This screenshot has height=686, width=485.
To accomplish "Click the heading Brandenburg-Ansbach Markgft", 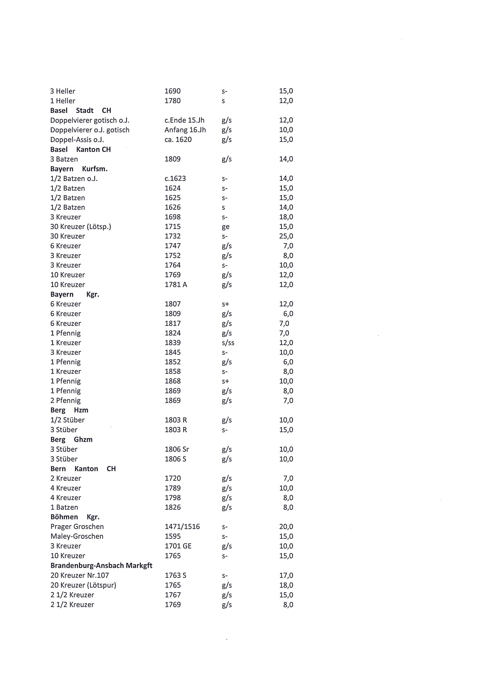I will [x=101, y=566].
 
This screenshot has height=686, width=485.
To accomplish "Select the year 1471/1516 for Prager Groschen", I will [x=182, y=527].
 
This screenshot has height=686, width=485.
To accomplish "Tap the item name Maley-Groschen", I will [x=77, y=536].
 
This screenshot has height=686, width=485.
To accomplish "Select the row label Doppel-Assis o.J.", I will [x=77, y=139].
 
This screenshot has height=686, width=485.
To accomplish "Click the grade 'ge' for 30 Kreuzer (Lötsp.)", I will [x=225, y=227].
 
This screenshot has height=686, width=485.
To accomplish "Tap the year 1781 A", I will [x=176, y=285].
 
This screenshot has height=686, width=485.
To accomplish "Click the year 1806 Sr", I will [x=177, y=449].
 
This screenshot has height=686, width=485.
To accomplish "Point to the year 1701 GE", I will [x=178, y=546].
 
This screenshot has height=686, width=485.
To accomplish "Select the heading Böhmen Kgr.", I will [x=75, y=517].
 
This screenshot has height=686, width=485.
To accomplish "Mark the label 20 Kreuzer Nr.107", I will [x=79, y=575].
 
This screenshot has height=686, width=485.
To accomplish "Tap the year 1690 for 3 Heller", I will [x=173, y=91].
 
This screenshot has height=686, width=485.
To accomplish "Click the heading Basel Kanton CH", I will [x=80, y=149].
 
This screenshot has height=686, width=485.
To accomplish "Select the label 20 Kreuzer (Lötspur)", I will [x=83, y=585].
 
